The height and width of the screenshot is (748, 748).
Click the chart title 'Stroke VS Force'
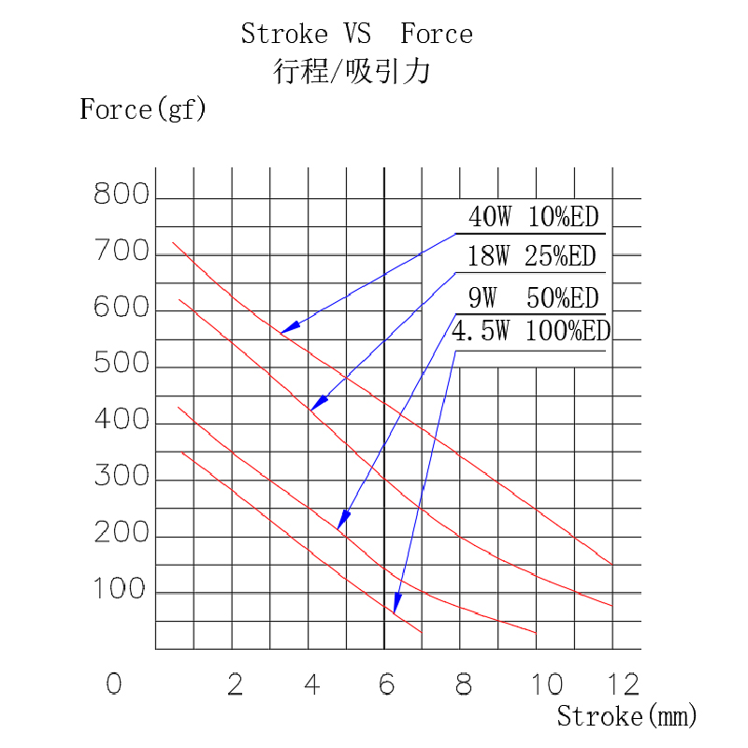click(x=356, y=36)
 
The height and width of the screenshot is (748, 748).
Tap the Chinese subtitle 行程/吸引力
click(x=351, y=72)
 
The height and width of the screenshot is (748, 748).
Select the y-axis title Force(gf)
click(x=142, y=110)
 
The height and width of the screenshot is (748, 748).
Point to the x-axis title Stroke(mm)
click(x=626, y=717)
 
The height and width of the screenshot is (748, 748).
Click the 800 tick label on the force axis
click(x=122, y=195)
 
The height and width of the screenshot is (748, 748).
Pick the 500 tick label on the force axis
click(x=122, y=365)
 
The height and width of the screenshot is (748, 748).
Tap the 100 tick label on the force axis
click(x=122, y=590)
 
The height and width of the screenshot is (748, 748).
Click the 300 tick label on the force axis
click(x=122, y=477)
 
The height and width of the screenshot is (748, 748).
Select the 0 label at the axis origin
click(x=114, y=684)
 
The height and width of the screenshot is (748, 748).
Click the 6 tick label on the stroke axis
click(x=386, y=684)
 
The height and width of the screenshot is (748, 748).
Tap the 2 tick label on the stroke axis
click(x=235, y=684)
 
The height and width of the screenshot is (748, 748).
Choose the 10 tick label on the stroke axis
click(x=548, y=684)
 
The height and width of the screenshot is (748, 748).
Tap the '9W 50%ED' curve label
click(x=533, y=298)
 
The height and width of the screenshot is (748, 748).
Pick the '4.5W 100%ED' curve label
click(x=530, y=333)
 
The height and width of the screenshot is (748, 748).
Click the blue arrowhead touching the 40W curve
click(x=290, y=327)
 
